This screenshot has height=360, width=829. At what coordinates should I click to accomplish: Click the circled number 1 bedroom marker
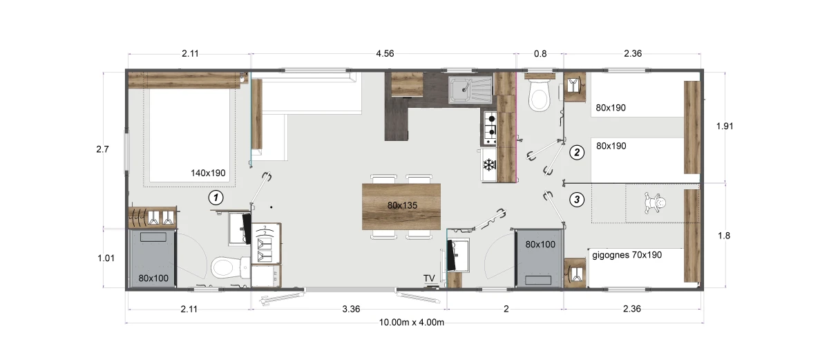coord(216,198)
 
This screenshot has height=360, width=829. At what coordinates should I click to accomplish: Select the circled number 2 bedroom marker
coord(577,153)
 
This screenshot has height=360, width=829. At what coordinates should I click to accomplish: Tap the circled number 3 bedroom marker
coord(577,200)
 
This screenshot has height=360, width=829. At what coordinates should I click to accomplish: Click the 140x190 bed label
coord(208,173)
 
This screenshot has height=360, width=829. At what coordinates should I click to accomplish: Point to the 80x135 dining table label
coord(402,205)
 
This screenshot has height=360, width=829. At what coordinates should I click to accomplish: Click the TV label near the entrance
coord(429,278)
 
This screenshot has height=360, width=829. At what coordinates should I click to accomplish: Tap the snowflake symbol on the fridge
coord(489,164)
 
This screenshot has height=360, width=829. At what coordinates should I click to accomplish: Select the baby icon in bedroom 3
coord(655,202)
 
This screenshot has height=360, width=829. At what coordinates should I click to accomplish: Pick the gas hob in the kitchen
coord(490,128)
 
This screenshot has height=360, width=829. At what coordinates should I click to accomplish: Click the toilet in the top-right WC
coord(539,95)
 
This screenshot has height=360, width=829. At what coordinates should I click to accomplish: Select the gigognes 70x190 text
coord(627,255)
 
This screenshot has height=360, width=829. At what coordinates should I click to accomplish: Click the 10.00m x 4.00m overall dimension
coord(412,322)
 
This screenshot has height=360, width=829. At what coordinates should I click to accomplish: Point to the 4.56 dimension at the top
coord(385,54)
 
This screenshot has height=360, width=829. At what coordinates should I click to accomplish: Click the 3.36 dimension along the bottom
coord(351,309)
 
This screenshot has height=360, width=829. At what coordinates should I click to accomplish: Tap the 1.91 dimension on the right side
coord(725,126)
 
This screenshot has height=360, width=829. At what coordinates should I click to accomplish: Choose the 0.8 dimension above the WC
coord(540,54)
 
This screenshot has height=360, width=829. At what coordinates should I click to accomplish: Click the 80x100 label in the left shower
coord(153,278)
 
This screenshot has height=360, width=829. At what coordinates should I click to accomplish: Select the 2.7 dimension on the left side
coord(102,149)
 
